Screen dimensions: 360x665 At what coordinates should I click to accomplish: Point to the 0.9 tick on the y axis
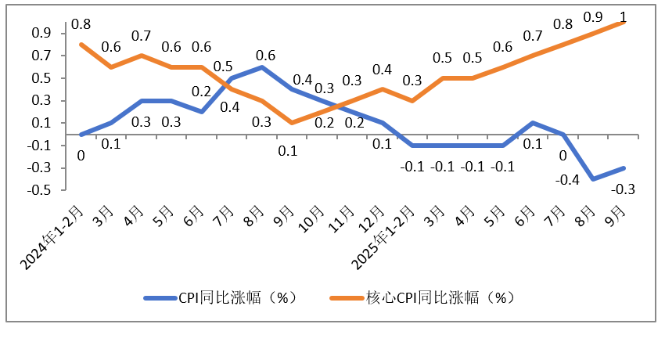[42, 33]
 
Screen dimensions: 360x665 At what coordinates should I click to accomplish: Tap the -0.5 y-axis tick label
[41, 190]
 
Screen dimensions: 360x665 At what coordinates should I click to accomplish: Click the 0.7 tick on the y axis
[42, 56]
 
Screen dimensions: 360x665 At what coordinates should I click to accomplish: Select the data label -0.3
[622, 189]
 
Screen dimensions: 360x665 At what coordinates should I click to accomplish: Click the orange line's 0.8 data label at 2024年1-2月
[81, 25]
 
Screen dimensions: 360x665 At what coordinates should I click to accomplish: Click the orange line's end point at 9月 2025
[623, 22]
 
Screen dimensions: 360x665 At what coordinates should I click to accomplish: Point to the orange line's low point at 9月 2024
[292, 123]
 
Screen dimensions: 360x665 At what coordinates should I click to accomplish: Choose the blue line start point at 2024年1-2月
[81, 135]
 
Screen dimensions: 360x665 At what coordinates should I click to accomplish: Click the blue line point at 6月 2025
[532, 123]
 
